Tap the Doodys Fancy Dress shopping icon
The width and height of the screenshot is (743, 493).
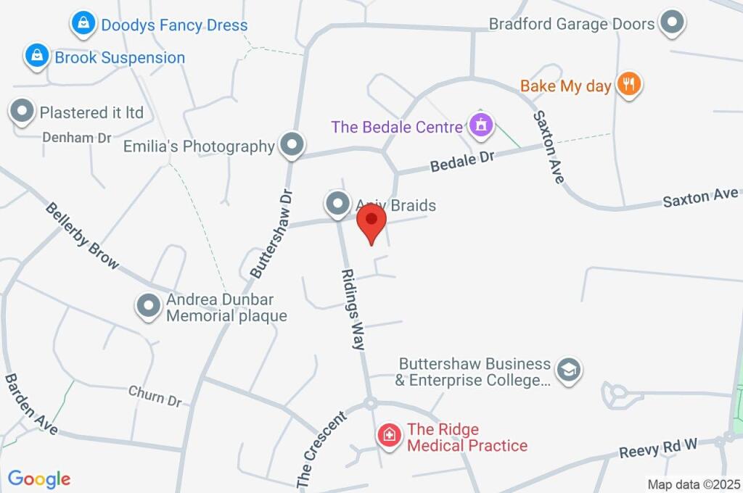tap(85, 24)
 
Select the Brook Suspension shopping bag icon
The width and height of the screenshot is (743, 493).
tap(36, 56)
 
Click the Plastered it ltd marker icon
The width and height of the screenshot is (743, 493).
tap(22, 112)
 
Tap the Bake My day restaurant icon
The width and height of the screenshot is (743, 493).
tap(628, 84)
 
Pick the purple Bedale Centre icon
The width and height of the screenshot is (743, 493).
tap(480, 125)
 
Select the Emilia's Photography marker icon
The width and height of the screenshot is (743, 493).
tap(292, 145)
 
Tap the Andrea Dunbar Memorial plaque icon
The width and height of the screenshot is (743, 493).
tap(149, 306)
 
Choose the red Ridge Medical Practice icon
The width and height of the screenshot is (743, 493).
tap(390, 436)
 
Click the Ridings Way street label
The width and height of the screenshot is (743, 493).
tap(353, 309)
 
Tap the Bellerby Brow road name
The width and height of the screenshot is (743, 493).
tap(82, 235)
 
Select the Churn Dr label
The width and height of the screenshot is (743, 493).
tap(155, 396)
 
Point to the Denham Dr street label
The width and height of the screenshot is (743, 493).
tap(76, 136)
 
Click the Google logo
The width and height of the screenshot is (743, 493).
tap(39, 478)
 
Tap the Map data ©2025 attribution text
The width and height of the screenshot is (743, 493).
tap(693, 484)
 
